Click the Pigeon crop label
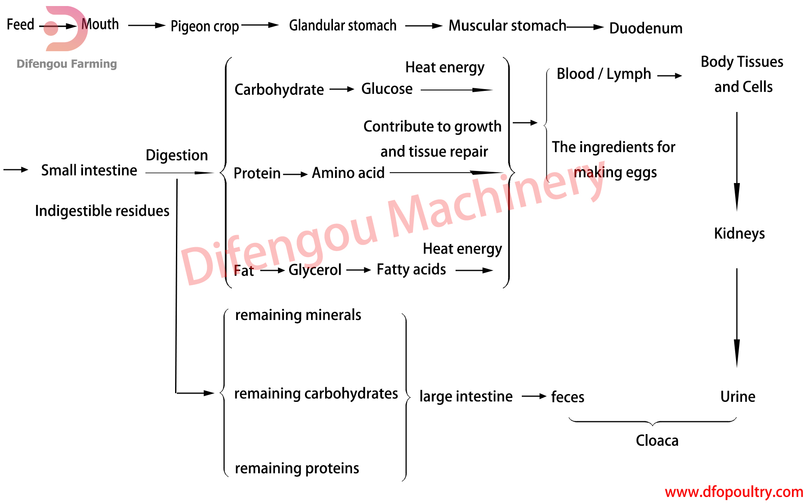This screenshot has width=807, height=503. [x=204, y=26]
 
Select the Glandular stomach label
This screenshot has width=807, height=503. [x=342, y=25]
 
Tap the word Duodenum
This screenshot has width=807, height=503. [x=646, y=28]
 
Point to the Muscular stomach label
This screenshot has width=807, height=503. [x=507, y=25]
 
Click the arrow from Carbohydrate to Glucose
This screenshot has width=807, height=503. [x=342, y=90]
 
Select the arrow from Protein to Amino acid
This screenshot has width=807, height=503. [x=296, y=174]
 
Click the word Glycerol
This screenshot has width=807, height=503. [x=315, y=270]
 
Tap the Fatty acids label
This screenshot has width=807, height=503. [x=411, y=270]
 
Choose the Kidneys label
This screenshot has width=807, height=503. [x=739, y=233]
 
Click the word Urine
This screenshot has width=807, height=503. [x=738, y=397]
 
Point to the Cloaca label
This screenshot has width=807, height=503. [x=657, y=441]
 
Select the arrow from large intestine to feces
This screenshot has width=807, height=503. [x=534, y=396]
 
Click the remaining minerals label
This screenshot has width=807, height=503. [x=298, y=315]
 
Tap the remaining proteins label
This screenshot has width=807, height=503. [x=297, y=468]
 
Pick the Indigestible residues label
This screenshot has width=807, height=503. [x=102, y=211]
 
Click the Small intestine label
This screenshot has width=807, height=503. [x=89, y=171]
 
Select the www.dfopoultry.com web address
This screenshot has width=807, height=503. [x=734, y=492]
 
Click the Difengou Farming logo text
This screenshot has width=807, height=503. [x=67, y=64]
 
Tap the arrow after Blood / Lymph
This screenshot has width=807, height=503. [x=670, y=76]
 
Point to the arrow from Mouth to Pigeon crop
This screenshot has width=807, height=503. [x=146, y=25]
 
